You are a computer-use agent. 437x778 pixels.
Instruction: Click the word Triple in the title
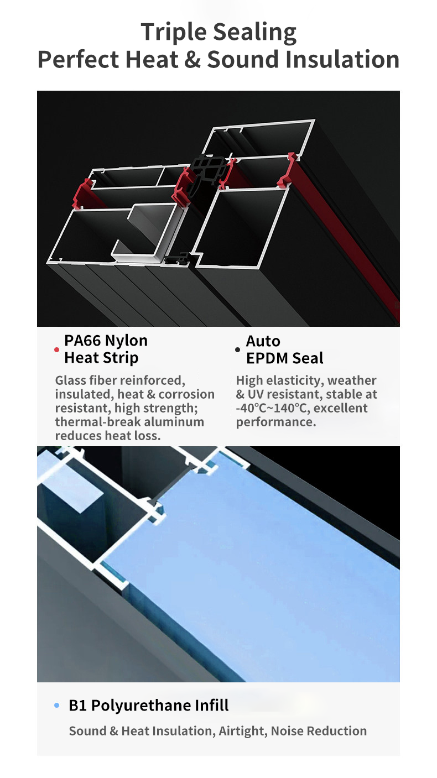(x=174, y=32)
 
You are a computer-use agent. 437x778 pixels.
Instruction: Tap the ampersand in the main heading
(x=193, y=59)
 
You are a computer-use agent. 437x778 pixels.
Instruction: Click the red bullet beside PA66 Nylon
(x=56, y=349)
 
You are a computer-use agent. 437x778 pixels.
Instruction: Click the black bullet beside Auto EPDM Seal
(x=238, y=350)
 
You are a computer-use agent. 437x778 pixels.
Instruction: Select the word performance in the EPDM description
(x=276, y=422)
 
